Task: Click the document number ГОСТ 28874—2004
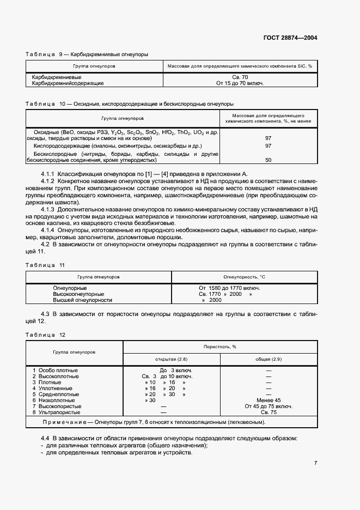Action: coord(290,38)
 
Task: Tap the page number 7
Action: coord(316,463)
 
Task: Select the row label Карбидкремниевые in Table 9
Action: coord(54,77)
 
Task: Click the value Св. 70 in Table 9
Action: coord(240,77)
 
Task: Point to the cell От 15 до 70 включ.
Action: coord(240,83)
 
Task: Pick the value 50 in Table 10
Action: coord(268,160)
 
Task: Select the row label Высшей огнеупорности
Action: coord(82,300)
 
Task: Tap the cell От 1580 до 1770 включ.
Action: coord(229,288)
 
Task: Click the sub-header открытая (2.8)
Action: coord(172,359)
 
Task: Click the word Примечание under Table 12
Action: coord(62,423)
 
